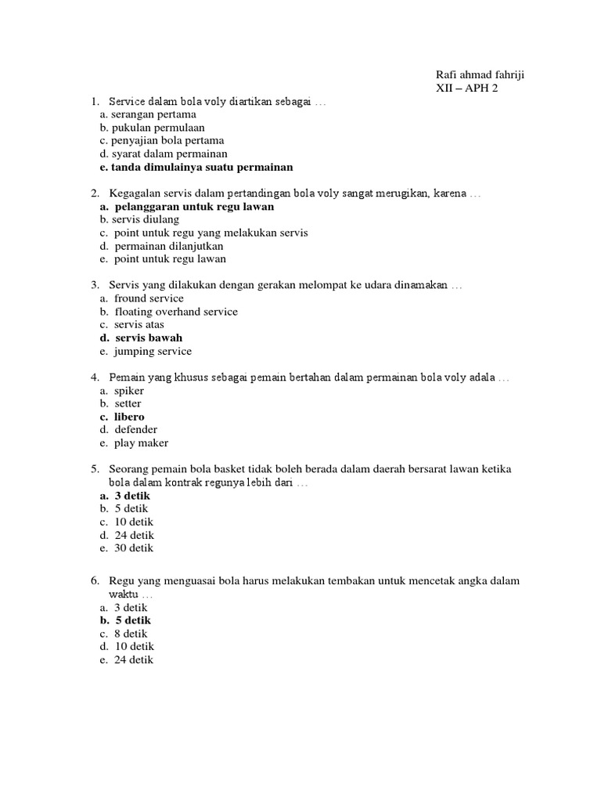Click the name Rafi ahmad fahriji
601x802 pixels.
click(x=480, y=74)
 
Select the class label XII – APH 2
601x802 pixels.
click(x=466, y=88)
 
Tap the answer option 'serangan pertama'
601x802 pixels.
click(x=148, y=114)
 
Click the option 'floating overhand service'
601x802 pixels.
click(x=175, y=312)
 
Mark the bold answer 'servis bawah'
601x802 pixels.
click(x=148, y=338)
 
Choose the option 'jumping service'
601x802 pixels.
click(x=153, y=351)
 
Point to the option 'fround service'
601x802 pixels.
click(x=149, y=298)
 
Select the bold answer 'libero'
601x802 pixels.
click(x=129, y=417)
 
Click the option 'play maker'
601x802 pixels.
click(x=141, y=443)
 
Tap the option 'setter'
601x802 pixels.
click(x=128, y=403)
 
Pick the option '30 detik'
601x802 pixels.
click(x=134, y=548)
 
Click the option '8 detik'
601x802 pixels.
click(x=131, y=634)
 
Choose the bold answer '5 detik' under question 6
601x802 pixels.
click(x=132, y=620)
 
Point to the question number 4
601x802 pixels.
click(x=94, y=378)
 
